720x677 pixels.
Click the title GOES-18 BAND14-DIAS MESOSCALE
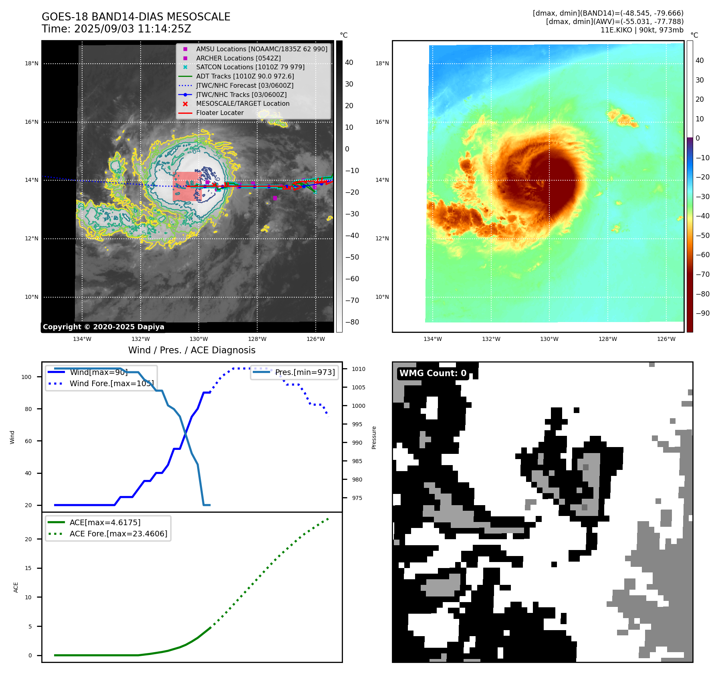[x=136, y=17]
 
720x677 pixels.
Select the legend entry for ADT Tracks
[x=245, y=76]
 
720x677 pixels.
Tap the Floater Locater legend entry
[x=220, y=113]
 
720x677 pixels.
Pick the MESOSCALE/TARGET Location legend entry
[x=242, y=103]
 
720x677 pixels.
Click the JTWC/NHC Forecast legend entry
[x=244, y=85]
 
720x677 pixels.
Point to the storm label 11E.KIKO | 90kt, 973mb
[x=642, y=30]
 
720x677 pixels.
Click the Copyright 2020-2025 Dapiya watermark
[x=103, y=327]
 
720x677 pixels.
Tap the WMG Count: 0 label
[x=433, y=373]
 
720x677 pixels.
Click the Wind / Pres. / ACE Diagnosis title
[x=192, y=350]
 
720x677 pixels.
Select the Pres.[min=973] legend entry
[x=305, y=372]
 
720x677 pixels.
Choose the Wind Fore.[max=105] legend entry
[x=111, y=383]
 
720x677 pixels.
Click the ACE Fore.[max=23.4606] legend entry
[x=118, y=534]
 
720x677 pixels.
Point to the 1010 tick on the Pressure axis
[x=359, y=369]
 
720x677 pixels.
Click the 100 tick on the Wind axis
[x=26, y=377]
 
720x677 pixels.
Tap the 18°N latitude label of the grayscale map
[x=32, y=63]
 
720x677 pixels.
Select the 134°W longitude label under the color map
[x=433, y=339]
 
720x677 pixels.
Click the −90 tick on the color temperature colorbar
[x=702, y=313]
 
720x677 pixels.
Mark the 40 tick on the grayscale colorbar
[x=349, y=62]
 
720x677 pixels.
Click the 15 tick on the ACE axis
[x=28, y=568]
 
